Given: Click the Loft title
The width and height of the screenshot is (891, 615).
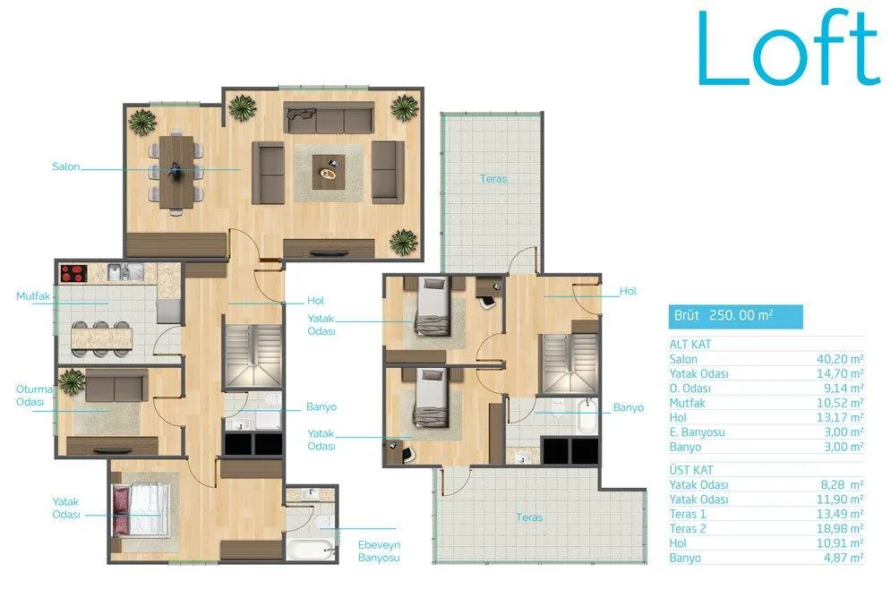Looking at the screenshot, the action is click(789, 48).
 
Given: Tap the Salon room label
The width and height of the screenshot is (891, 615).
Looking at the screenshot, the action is click(66, 167).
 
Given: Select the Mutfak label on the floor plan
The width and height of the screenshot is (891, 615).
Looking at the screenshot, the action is click(33, 295).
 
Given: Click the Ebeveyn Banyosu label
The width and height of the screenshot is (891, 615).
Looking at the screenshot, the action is click(379, 551).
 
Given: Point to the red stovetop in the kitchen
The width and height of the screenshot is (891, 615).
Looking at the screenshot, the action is click(73, 273).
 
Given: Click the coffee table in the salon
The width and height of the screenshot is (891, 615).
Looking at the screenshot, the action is click(329, 173).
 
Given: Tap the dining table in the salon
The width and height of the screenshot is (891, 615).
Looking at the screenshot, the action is click(176, 173).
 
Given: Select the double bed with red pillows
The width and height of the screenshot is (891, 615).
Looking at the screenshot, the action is click(141, 510).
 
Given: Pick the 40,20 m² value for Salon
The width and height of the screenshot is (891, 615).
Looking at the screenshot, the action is click(840, 359).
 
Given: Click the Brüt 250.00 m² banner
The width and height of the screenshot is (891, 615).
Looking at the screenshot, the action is click(735, 316).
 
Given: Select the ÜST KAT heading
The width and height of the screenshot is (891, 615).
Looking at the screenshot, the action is click(691, 470).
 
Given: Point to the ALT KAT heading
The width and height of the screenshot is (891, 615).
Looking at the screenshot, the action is click(690, 344).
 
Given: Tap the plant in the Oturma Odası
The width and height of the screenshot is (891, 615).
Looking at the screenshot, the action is click(73, 381).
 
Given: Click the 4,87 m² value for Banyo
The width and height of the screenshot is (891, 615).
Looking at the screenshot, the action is click(844, 558).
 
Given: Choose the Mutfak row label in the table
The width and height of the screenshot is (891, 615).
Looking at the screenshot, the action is click(687, 403).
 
